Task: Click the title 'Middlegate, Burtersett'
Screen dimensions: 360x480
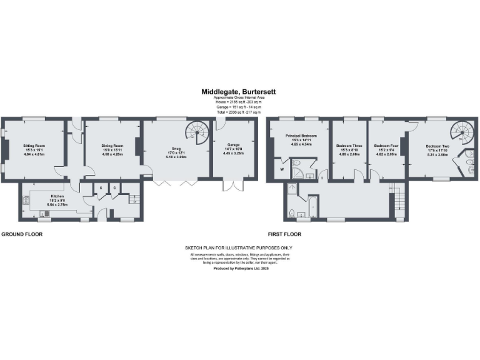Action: (x=240, y=91)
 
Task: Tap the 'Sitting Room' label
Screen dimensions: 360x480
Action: (x=35, y=146)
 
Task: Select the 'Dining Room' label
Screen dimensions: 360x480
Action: (x=112, y=146)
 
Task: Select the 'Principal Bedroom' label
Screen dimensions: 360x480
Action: (x=302, y=136)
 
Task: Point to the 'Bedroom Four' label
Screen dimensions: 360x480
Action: (x=385, y=145)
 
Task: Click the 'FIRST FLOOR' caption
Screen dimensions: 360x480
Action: (x=284, y=234)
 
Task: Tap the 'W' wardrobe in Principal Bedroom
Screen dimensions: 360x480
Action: (x=282, y=168)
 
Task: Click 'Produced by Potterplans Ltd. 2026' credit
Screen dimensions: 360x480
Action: (x=239, y=267)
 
